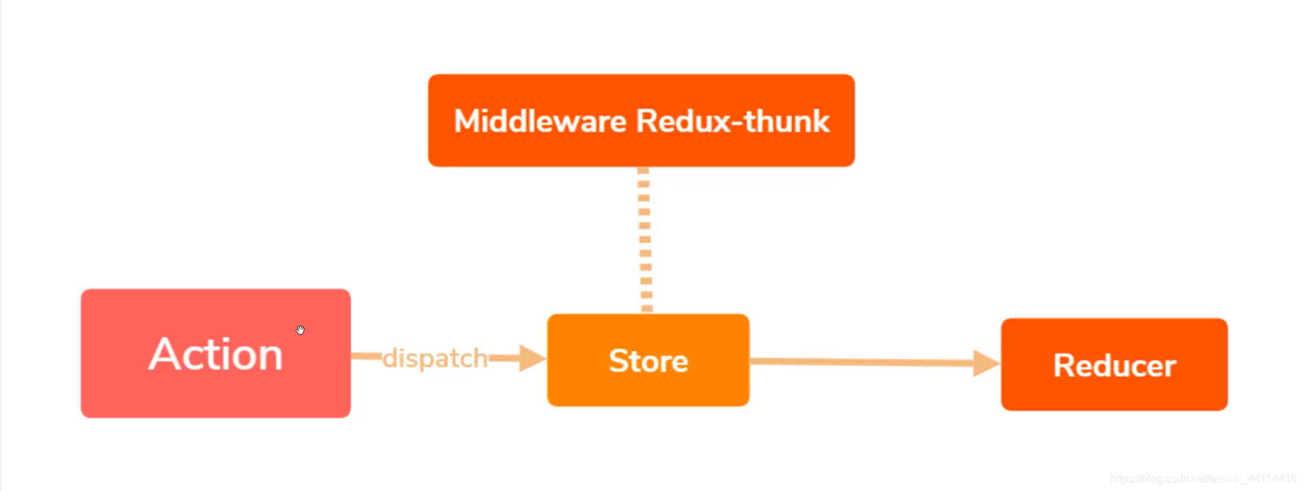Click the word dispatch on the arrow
coord(435,359)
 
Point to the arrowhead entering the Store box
coord(532,358)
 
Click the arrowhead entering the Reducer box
coord(986,363)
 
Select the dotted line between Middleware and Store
coord(644,240)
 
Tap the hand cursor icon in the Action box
coord(300,330)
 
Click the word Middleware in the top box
coord(540,121)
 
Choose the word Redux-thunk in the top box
coord(733,121)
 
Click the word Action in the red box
coord(215,355)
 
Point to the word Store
coord(648,361)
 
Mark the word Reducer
coord(1114,366)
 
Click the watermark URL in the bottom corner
coord(1203,479)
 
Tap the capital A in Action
coord(163,355)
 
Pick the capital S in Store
coord(620,361)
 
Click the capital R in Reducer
coord(1065,366)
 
